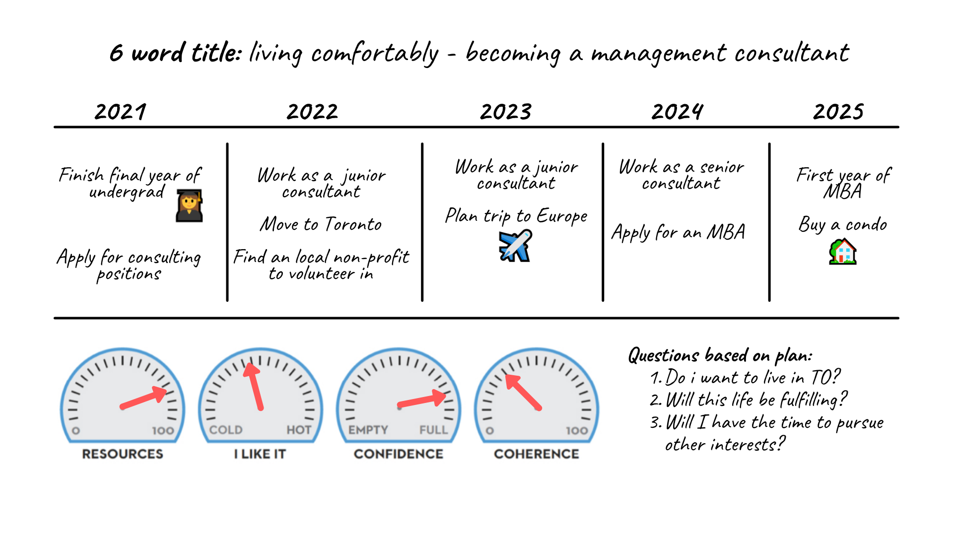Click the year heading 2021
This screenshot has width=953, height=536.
[121, 112]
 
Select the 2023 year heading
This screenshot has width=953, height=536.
[506, 112]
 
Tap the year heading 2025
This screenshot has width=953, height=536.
[838, 112]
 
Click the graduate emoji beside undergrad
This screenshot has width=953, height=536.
[189, 205]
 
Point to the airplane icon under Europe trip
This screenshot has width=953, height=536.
[515, 245]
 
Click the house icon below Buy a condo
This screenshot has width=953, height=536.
[843, 251]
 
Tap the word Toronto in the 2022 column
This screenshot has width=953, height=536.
[353, 224]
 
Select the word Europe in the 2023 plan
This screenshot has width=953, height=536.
[562, 216]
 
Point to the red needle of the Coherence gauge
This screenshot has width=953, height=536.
[523, 392]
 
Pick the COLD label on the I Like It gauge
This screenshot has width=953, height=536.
[226, 430]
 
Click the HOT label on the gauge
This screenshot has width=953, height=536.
[299, 430]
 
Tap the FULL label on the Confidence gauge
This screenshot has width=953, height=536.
[434, 430]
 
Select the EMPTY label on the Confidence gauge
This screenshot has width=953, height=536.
[368, 430]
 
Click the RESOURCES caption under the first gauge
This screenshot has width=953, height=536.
[123, 454]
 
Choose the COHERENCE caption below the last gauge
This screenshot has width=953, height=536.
[537, 454]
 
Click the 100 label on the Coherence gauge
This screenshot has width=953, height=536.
[577, 431]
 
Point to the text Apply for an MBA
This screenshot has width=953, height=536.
[679, 232]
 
